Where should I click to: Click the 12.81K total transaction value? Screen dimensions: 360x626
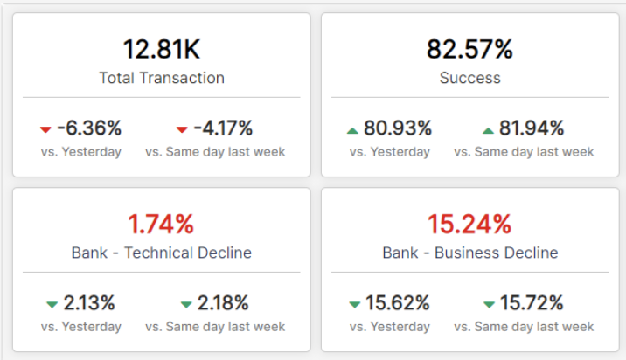(162, 49)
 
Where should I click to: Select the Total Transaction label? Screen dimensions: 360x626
(162, 78)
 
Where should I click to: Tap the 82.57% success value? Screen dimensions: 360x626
(469, 49)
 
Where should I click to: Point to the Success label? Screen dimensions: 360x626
(469, 78)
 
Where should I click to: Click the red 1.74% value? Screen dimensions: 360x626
(162, 224)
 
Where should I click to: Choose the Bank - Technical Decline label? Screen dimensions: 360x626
(162, 253)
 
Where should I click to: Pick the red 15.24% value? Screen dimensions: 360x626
(469, 224)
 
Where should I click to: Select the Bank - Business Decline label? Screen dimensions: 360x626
(469, 253)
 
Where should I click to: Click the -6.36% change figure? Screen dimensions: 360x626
(89, 128)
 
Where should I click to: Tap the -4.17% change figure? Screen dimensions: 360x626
(223, 128)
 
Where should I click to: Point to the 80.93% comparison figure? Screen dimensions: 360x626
(398, 128)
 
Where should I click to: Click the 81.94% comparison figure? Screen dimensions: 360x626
(532, 128)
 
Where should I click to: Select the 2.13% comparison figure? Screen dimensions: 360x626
(89, 303)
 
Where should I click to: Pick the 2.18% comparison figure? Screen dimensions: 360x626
(223, 303)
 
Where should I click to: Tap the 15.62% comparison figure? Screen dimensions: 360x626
(398, 303)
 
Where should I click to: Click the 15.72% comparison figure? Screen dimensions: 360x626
(532, 303)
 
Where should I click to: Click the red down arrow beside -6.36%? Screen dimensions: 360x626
(45, 129)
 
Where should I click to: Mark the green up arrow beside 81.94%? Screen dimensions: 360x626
(488, 130)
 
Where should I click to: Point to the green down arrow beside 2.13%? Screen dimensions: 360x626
(52, 304)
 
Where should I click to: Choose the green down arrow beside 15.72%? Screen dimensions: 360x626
(489, 304)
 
